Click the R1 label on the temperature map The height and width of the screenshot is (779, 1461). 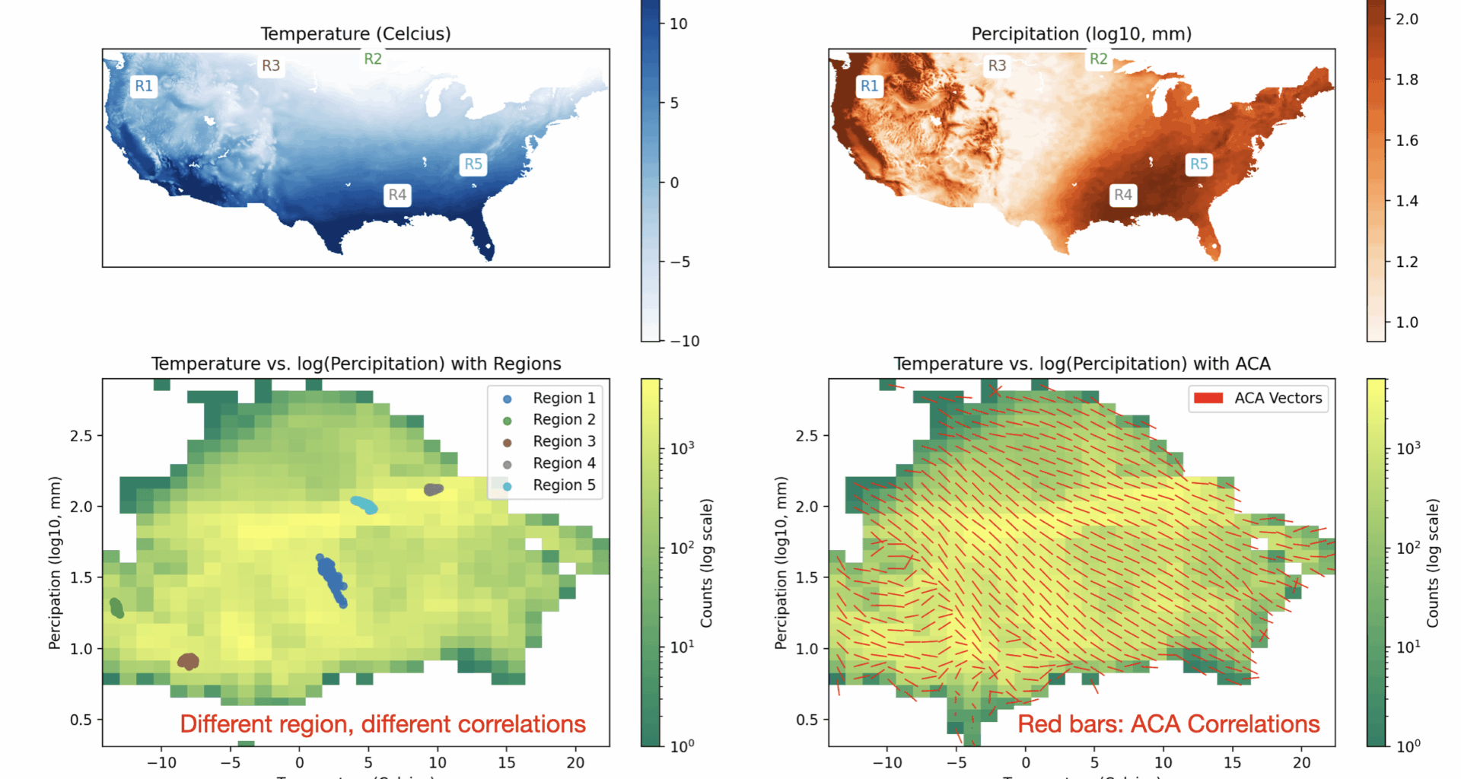144,86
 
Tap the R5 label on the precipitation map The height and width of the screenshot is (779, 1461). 1198,164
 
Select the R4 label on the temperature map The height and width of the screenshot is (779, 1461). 397,195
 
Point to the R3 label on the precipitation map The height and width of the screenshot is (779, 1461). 997,65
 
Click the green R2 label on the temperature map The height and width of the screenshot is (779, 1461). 373,59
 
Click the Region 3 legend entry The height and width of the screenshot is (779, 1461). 563,441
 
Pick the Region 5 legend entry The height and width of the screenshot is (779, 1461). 563,485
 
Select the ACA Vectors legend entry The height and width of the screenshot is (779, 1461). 1278,398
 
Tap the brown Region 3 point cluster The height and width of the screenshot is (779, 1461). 188,662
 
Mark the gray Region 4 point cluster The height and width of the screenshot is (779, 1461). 433,489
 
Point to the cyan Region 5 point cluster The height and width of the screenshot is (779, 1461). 364,504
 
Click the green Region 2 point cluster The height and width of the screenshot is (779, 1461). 116,608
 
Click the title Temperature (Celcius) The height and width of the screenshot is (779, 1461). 355,33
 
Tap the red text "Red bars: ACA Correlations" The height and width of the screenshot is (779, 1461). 1168,724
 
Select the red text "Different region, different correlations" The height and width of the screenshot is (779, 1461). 383,724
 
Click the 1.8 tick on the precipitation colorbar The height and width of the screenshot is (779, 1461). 1406,79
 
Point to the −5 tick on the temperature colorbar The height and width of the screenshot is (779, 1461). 680,262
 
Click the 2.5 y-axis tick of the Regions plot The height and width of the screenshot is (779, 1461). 81,436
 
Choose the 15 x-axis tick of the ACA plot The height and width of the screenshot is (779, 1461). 1232,762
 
